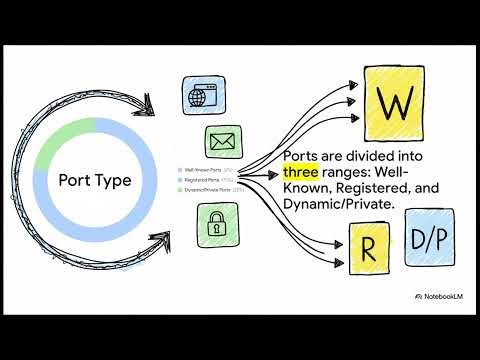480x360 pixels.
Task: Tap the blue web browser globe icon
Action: coord(200,96)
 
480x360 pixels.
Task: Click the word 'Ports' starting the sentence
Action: coord(303,157)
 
